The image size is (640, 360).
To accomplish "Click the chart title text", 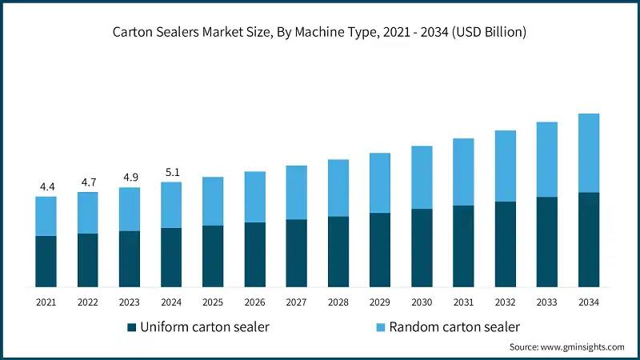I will point(320,33).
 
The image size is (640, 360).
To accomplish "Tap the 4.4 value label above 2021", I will point(46,187).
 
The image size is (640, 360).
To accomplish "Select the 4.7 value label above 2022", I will point(88,182).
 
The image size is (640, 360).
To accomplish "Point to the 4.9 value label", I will point(130,178).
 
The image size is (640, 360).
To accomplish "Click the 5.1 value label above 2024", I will point(171,171).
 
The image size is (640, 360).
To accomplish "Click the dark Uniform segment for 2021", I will point(46,262).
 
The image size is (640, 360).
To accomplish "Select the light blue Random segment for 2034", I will point(589,153).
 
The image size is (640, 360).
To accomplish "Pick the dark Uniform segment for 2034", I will point(589,240).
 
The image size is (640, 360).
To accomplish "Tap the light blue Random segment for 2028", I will point(338,188).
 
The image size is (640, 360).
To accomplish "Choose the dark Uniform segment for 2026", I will point(255,254).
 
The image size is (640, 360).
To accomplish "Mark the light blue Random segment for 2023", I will point(130,210).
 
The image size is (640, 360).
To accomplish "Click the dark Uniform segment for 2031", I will point(463,246).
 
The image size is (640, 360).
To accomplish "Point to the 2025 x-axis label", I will point(213,302).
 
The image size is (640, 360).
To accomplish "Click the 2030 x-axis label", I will point(422,302).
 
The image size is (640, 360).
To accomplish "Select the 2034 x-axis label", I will point(589,302).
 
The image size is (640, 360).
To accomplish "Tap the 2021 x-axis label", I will point(46,302).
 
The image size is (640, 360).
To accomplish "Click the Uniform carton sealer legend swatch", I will point(131,327).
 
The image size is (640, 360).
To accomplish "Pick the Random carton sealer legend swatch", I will point(380,327).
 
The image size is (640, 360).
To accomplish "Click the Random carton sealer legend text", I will point(454,326).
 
